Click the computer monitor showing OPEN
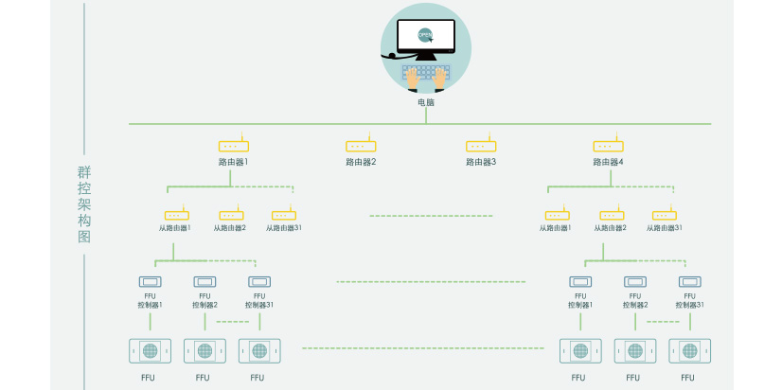tap(425, 37)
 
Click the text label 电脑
tap(426, 102)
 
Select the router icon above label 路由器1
tap(233, 146)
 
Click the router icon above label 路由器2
tap(361, 146)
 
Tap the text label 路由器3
tap(481, 162)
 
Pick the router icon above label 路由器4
tap(608, 146)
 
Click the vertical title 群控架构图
tap(84, 204)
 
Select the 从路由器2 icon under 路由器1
tap(231, 215)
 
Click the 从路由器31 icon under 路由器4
tap(665, 215)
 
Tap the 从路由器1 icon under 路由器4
tap(557, 215)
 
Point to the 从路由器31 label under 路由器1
tap(284, 228)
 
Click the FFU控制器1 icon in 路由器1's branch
tap(150, 281)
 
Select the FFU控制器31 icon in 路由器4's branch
tap(690, 281)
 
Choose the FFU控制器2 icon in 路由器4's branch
tap(635, 281)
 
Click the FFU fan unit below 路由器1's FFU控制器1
tap(150, 350)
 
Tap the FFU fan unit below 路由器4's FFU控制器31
tap(690, 350)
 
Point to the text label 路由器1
tap(233, 162)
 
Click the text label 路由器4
tap(608, 162)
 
